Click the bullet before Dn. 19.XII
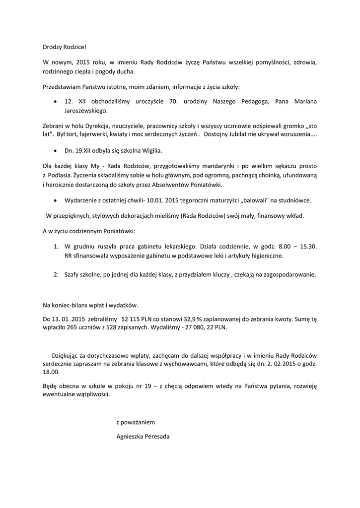click(x=56, y=149)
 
